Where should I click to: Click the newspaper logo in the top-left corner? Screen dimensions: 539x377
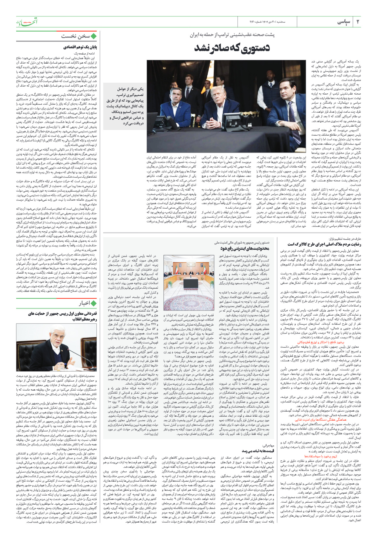pos(27,21)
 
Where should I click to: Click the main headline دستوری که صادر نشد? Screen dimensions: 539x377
pos(232,47)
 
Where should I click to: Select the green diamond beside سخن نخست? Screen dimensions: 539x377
pos(94,36)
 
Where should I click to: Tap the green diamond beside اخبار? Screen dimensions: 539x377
pos(94,303)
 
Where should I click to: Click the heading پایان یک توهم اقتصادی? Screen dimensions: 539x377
pos(80,47)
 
